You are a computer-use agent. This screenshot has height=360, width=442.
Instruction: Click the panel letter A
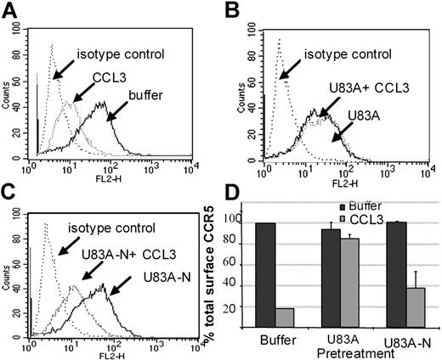pos(12,9)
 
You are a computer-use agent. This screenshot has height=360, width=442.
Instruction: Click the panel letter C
pos(12,188)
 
